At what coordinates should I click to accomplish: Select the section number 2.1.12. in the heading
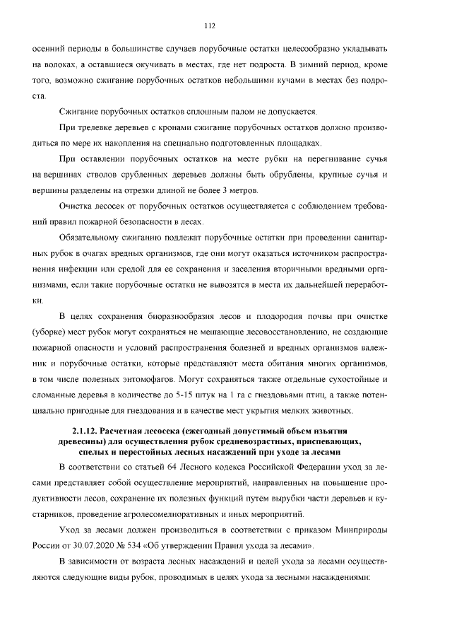88,430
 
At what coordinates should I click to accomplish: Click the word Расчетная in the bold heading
127,430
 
